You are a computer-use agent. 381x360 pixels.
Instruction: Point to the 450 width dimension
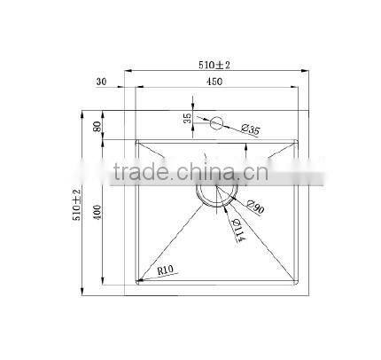tap(214, 82)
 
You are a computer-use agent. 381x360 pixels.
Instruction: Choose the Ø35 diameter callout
tap(251, 131)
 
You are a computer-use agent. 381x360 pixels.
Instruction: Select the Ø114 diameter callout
tap(238, 232)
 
